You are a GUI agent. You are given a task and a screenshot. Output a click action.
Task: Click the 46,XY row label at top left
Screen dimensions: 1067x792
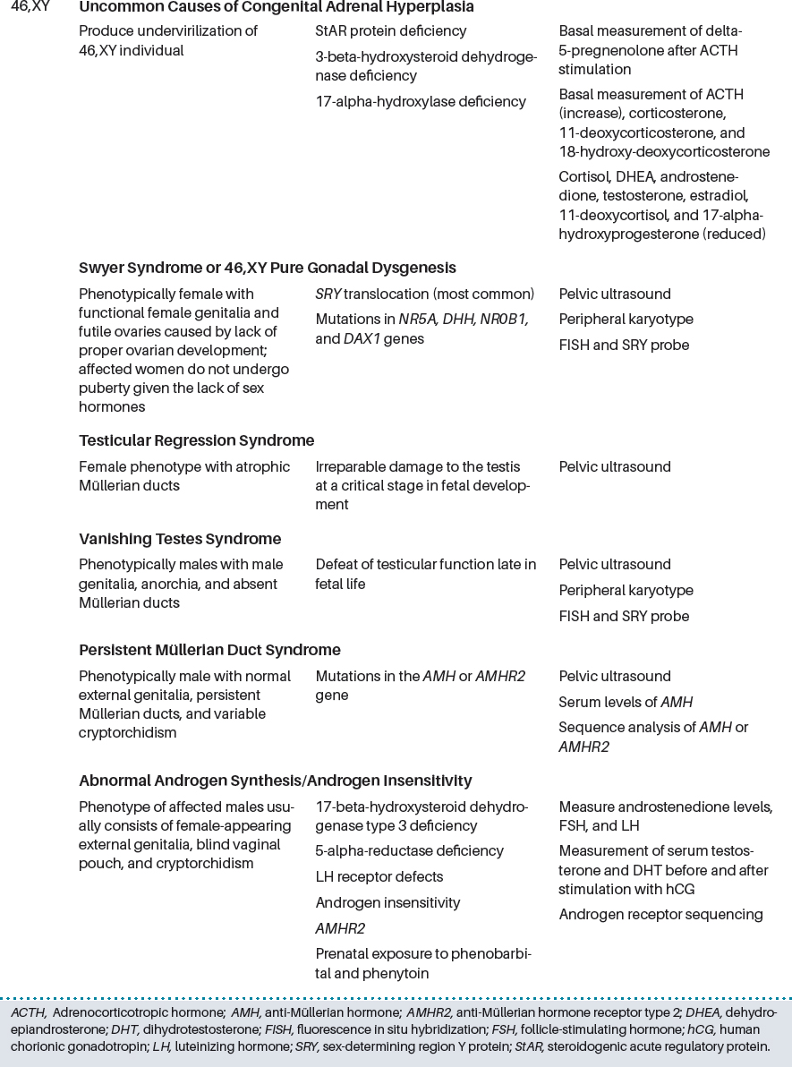pyautogui.click(x=30, y=7)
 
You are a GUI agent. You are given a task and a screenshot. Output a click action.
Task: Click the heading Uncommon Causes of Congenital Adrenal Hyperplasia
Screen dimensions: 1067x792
pyautogui.click(x=276, y=7)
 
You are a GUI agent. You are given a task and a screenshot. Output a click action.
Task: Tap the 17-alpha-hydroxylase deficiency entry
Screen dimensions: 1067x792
pyautogui.click(x=421, y=102)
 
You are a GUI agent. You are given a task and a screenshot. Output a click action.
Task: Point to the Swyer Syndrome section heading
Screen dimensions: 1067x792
pyautogui.click(x=267, y=268)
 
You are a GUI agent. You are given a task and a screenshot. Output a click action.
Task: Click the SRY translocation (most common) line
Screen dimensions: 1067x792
pyautogui.click(x=424, y=294)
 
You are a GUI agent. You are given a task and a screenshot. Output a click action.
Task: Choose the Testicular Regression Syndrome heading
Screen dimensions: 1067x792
pyautogui.click(x=196, y=440)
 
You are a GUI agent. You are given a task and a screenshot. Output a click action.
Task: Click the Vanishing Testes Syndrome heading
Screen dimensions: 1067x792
pyautogui.click(x=179, y=539)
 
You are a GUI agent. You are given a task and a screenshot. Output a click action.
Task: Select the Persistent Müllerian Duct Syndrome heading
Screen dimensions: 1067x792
pyautogui.click(x=209, y=650)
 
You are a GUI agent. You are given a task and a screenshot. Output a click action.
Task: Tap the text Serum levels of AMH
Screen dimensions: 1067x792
pyautogui.click(x=626, y=703)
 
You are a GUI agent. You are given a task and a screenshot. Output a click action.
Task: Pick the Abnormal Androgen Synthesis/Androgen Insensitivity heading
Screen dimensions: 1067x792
pyautogui.click(x=275, y=781)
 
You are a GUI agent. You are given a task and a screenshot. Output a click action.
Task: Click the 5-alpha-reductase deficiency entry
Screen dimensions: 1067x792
pyautogui.click(x=409, y=851)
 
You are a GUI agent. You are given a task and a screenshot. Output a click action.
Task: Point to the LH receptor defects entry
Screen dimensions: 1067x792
pyautogui.click(x=379, y=877)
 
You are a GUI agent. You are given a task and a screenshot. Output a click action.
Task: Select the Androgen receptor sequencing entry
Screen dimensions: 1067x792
pyautogui.click(x=660, y=915)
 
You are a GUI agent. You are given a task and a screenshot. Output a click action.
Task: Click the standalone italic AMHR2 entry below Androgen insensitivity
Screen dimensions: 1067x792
pyautogui.click(x=340, y=929)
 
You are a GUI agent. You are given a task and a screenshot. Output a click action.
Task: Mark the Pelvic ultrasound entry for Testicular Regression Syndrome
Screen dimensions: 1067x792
pyautogui.click(x=614, y=467)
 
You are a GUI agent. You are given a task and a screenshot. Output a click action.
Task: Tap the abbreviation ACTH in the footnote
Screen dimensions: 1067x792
pyautogui.click(x=27, y=1012)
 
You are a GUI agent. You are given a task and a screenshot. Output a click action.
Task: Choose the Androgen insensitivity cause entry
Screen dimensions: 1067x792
pyautogui.click(x=387, y=903)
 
